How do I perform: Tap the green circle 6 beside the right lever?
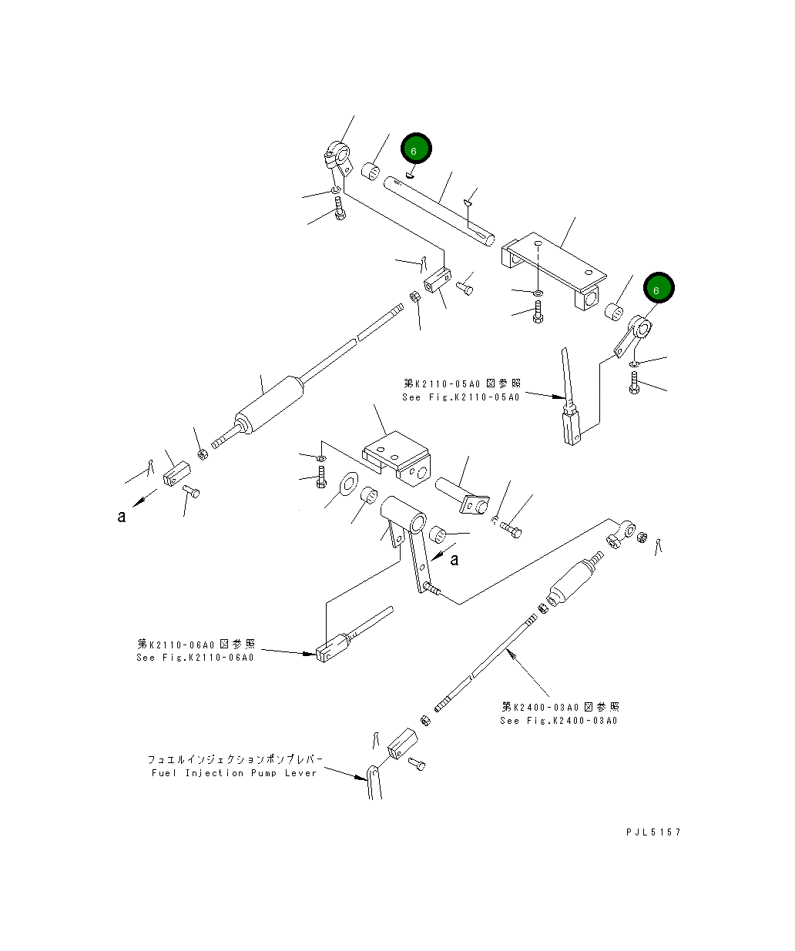658,289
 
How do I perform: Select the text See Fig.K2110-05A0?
461,397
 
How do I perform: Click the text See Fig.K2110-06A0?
195,658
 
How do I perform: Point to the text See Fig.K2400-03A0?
559,721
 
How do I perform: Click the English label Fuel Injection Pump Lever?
233,773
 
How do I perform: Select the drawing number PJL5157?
653,832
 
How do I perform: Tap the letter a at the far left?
121,517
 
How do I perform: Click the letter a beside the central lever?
454,559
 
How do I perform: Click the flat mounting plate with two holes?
553,266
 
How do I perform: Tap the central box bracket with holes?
397,458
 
